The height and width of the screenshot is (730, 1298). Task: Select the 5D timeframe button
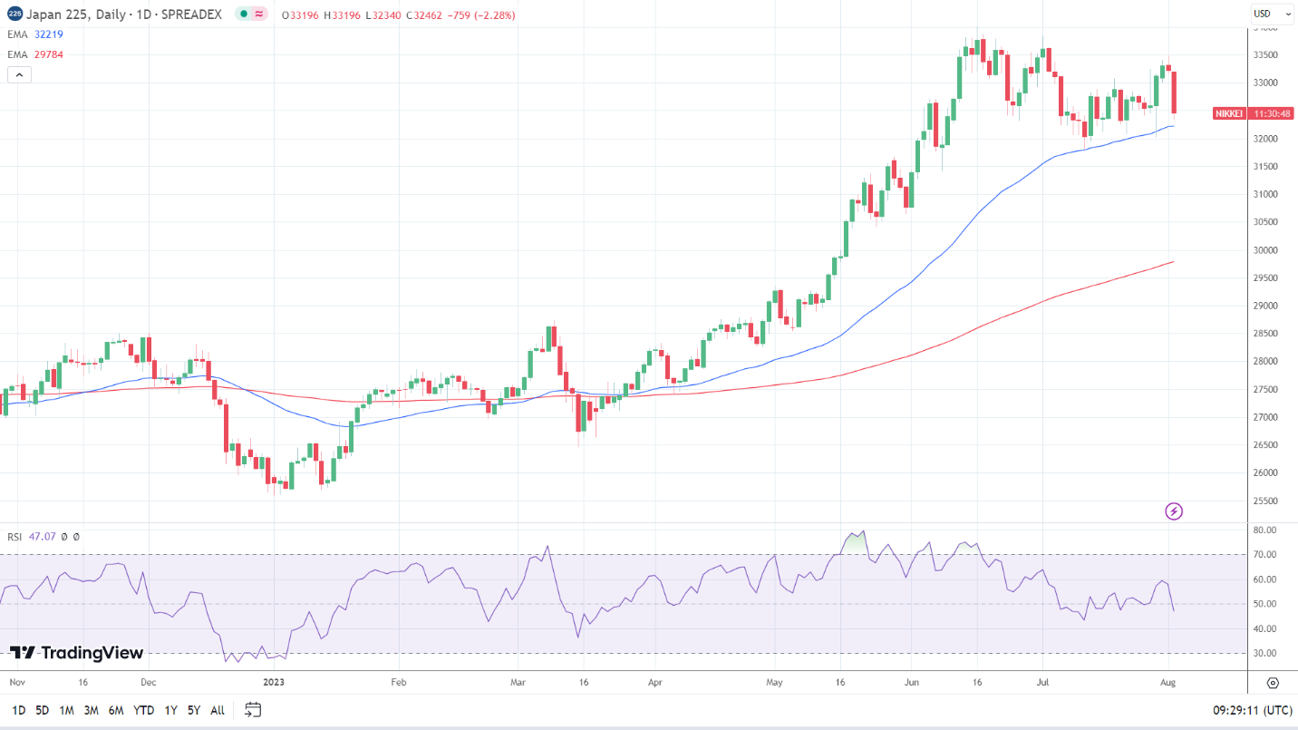42,710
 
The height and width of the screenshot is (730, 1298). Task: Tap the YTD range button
143,710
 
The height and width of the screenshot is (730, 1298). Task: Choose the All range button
218,710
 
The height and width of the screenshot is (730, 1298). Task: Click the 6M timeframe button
116,710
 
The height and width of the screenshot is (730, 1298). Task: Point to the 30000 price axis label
1265,250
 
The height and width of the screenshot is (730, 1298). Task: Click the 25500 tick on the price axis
1265,501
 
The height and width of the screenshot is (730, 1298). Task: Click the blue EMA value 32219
48,34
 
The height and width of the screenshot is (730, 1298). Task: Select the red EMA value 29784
48,54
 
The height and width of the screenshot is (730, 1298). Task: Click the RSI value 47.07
42,537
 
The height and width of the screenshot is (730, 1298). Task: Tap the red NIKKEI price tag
1229,113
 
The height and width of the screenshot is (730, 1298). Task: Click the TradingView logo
77,653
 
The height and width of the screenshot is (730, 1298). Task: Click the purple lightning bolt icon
1174,511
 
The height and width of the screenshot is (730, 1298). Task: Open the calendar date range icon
253,710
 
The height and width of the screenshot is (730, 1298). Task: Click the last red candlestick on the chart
1175,92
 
